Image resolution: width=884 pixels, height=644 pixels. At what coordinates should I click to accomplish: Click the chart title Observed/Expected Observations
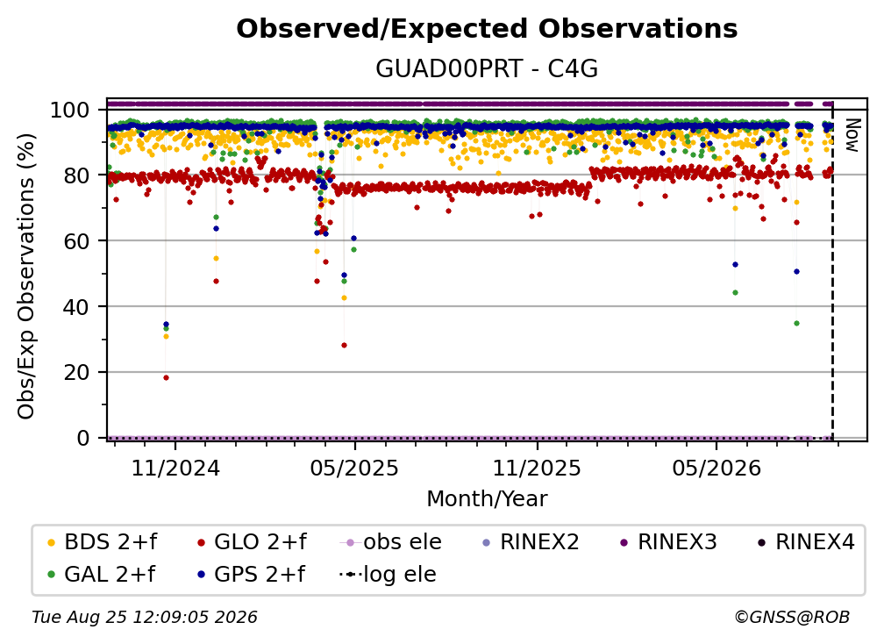[x=487, y=29]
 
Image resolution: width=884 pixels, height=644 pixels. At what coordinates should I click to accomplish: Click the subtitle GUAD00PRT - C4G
[x=487, y=69]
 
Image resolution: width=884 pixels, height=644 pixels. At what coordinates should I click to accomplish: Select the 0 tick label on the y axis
[x=83, y=438]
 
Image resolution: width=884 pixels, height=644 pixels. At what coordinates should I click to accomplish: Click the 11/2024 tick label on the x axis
[x=175, y=468]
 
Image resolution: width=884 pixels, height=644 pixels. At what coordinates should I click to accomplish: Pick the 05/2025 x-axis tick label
[x=354, y=468]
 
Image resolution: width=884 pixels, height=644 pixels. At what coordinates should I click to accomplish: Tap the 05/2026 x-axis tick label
[x=716, y=468]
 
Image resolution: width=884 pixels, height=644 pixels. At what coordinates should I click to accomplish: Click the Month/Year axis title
[x=487, y=499]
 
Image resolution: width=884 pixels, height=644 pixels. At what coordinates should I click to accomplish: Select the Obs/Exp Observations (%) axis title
[x=26, y=275]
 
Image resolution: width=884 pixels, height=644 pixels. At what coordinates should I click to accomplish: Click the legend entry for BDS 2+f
[x=102, y=542]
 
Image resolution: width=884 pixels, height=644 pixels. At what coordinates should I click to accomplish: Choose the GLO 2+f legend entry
[x=252, y=542]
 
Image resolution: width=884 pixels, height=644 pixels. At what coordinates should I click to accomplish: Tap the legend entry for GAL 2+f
[x=101, y=575]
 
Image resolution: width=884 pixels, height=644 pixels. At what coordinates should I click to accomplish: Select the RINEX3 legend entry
[x=668, y=542]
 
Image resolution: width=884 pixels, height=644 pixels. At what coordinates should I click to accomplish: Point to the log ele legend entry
[x=388, y=575]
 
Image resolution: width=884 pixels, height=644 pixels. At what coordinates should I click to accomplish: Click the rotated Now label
[x=852, y=135]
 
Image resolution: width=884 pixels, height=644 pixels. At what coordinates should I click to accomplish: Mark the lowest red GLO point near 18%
[x=166, y=378]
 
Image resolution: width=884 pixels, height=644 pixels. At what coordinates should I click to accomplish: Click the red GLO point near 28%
[x=344, y=345]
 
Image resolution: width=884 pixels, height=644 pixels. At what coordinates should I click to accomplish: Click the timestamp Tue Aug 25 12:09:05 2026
[x=145, y=618]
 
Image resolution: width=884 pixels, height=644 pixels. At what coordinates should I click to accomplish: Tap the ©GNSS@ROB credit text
[x=792, y=618]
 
